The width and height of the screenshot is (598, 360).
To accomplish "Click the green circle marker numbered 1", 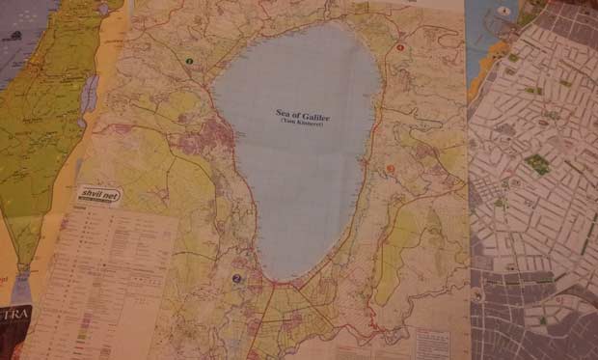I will tap(189, 61).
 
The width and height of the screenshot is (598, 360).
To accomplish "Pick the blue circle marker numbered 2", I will tap(235, 280).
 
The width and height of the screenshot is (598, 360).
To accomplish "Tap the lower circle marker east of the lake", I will tap(391, 170).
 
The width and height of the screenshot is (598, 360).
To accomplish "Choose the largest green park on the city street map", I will tap(537, 163).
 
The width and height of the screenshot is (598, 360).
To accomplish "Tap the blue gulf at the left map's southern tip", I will tap(21, 285).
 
